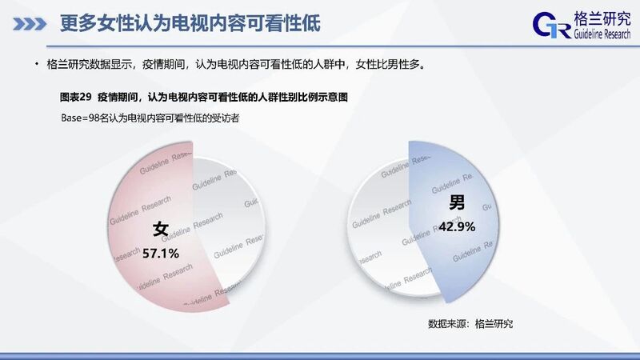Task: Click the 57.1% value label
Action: point(161,254)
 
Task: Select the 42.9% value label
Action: point(457,226)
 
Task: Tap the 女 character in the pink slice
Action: point(161,229)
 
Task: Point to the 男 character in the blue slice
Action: point(457,202)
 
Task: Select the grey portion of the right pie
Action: point(379,229)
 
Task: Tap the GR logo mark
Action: point(552,25)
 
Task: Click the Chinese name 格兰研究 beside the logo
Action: point(602,18)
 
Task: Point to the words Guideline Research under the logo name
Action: point(602,34)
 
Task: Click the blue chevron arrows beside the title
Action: point(30,24)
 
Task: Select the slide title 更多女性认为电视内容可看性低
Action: point(190,23)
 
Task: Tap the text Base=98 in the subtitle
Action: point(80,118)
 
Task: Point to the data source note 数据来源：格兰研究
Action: point(470,324)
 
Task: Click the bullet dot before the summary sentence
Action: point(36,64)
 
